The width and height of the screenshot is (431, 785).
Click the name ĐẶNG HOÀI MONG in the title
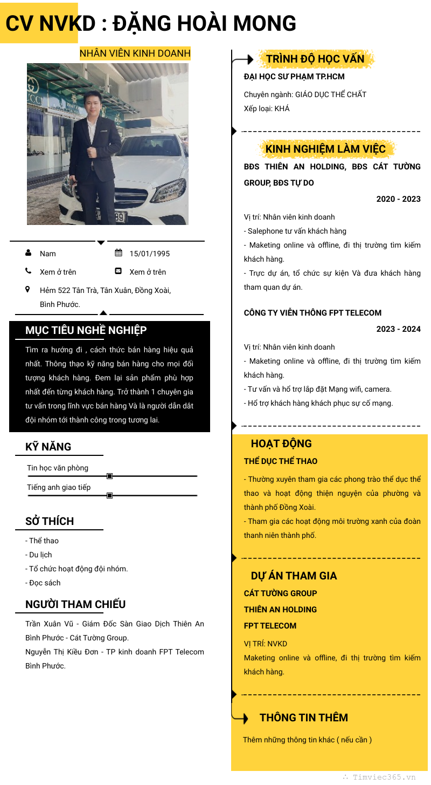(205, 24)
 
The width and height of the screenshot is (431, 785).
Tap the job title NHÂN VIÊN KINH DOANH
(135, 53)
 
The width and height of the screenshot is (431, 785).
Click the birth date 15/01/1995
(150, 254)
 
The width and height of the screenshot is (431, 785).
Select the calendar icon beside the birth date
(119, 253)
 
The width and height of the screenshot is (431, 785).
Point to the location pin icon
(28, 290)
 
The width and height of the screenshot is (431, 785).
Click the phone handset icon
(28, 271)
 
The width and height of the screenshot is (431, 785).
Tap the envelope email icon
(119, 271)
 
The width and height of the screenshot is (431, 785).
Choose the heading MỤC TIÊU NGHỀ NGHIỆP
(86, 330)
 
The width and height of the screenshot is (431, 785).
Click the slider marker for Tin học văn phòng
(110, 476)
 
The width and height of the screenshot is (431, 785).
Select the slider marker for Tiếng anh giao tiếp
(110, 495)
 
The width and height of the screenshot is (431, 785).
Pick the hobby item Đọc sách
(43, 583)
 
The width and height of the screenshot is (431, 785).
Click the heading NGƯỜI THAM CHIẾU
(75, 604)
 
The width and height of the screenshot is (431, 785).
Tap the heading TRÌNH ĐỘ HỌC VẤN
(315, 59)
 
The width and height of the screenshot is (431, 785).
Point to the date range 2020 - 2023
(398, 199)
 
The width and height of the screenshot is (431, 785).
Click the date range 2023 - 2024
(398, 329)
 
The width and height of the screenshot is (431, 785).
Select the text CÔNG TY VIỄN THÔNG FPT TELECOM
(312, 313)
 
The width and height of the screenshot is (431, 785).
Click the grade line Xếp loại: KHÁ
(267, 108)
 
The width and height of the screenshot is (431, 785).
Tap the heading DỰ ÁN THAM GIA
(294, 576)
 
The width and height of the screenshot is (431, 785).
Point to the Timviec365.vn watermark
(379, 777)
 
